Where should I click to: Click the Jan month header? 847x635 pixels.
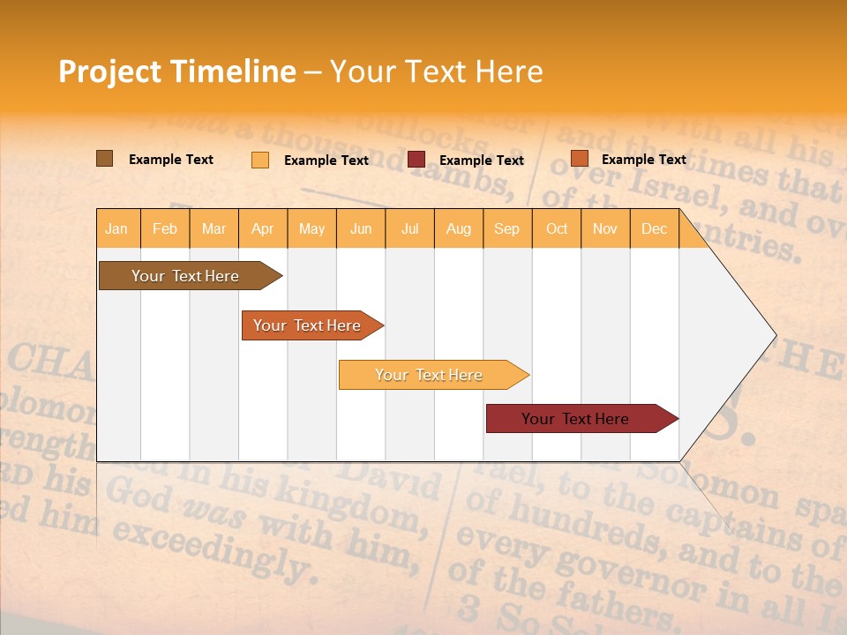tap(116, 228)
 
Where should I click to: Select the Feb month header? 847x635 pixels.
tap(165, 228)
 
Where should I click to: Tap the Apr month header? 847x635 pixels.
tap(262, 228)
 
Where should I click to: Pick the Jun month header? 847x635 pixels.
tap(361, 228)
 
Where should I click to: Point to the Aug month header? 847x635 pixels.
tap(458, 228)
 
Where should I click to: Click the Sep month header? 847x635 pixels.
tap(506, 228)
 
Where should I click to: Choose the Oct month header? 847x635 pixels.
tap(557, 228)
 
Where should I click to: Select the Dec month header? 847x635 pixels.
tap(654, 228)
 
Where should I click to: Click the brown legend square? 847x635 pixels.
tap(104, 159)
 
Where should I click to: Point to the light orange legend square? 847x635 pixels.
tap(260, 160)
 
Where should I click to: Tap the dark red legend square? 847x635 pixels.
tap(416, 160)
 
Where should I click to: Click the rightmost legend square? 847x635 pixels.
tap(579, 159)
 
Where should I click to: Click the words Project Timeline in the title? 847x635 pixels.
tap(176, 71)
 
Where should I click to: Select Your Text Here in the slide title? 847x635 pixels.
tap(436, 71)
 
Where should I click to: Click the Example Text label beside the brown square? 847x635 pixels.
tap(171, 160)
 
